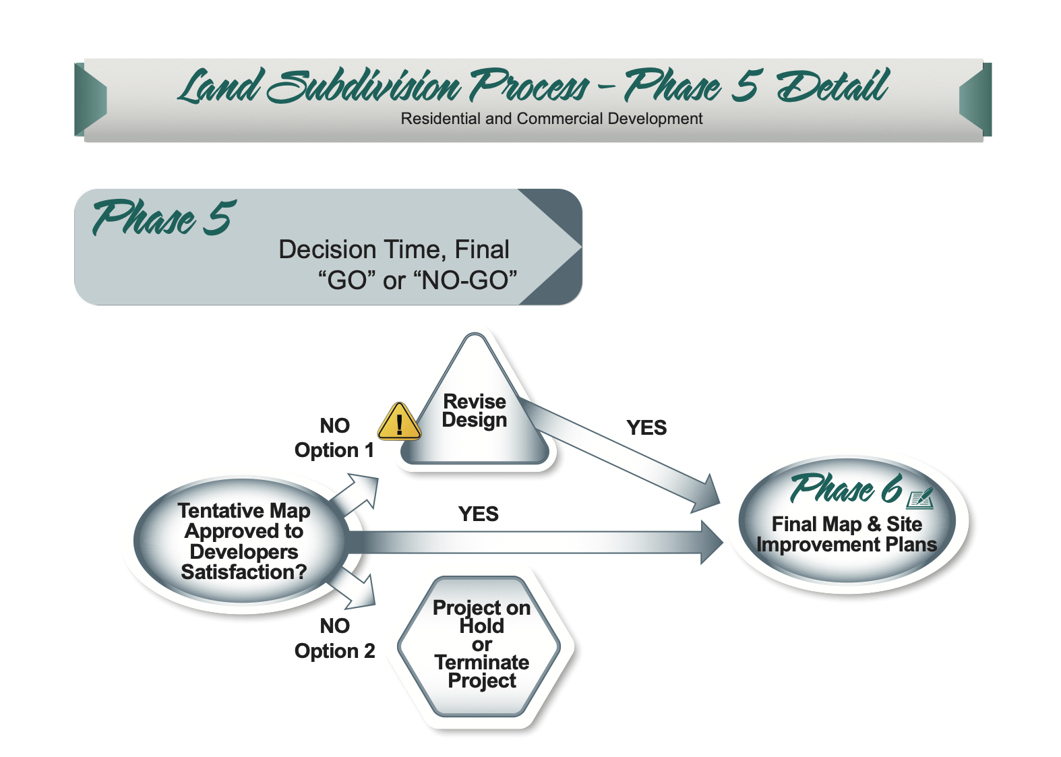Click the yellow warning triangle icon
coord(399,423)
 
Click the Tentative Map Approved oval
coord(243,541)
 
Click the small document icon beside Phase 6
coord(920,498)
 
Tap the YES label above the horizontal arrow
coord(478,514)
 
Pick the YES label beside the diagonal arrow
coord(646,428)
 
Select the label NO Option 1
coord(334,438)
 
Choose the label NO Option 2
coord(334,638)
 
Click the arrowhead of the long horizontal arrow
coord(710,542)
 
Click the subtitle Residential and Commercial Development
coord(551,119)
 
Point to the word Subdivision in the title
coord(365,88)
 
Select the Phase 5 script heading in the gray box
coord(164,218)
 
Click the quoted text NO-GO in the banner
coord(469,280)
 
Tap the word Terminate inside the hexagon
coord(481,663)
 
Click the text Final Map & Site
coord(847,524)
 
